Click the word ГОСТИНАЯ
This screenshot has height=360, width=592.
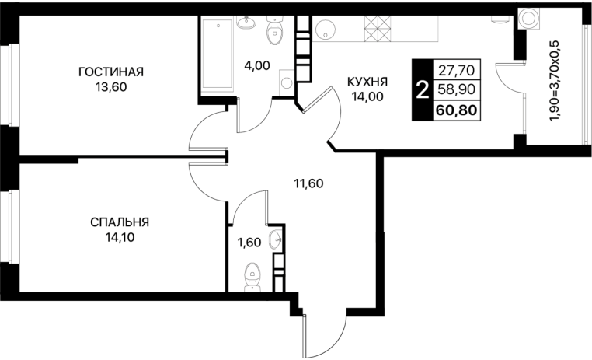pyautogui.click(x=111, y=72)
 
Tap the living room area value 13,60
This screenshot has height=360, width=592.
pyautogui.click(x=111, y=87)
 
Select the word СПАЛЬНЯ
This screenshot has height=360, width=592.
pyautogui.click(x=120, y=222)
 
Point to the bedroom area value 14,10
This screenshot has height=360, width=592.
pyautogui.click(x=120, y=238)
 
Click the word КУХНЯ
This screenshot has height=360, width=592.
pyautogui.click(x=367, y=82)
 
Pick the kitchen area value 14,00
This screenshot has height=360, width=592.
pyautogui.click(x=367, y=96)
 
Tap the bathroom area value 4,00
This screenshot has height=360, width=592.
pyautogui.click(x=256, y=66)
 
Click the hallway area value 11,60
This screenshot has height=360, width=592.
pyautogui.click(x=308, y=183)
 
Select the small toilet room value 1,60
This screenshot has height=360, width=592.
pyautogui.click(x=249, y=242)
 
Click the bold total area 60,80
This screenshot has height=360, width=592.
pyautogui.click(x=457, y=110)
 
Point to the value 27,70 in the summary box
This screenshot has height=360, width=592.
pyautogui.click(x=457, y=70)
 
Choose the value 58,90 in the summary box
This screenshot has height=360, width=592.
pyautogui.click(x=457, y=89)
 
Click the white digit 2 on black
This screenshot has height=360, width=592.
pyautogui.click(x=422, y=91)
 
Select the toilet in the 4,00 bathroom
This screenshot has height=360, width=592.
pyautogui.click(x=274, y=30)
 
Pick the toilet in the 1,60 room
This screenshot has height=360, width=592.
pyautogui.click(x=252, y=278)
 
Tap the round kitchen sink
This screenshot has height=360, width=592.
pyautogui.click(x=326, y=28)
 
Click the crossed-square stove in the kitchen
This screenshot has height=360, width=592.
pyautogui.click(x=377, y=29)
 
